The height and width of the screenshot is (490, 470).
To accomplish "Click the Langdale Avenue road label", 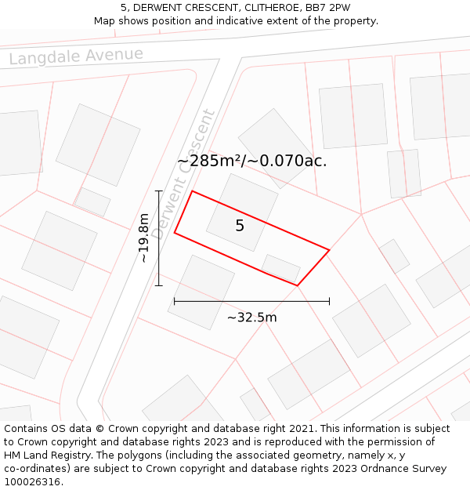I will pyautogui.click(x=77, y=56).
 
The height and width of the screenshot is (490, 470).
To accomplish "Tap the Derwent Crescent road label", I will pyautogui.click(x=182, y=174).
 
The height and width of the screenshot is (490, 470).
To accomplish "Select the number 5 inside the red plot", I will pyautogui.click(x=240, y=226).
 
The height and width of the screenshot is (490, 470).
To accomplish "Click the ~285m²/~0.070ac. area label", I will pyautogui.click(x=251, y=161).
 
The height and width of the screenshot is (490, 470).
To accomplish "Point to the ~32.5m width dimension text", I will pyautogui.click(x=251, y=318).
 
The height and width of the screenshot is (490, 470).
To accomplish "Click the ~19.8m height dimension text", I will pyautogui.click(x=144, y=238).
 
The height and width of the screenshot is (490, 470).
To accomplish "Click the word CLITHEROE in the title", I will pyautogui.click(x=255, y=8).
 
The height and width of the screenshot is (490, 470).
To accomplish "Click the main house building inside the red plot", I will pyautogui.click(x=242, y=212).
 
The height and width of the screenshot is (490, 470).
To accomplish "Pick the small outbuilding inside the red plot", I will pyautogui.click(x=280, y=267).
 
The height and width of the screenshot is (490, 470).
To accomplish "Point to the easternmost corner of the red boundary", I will pyautogui.click(x=329, y=250).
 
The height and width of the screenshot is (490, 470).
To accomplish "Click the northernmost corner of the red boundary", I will pyautogui.click(x=193, y=191).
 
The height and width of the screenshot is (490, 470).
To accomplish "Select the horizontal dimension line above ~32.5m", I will pyautogui.click(x=251, y=300).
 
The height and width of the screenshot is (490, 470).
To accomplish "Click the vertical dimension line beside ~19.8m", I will pyautogui.click(x=159, y=238).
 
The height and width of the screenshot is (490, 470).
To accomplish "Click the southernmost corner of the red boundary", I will pyautogui.click(x=298, y=285).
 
